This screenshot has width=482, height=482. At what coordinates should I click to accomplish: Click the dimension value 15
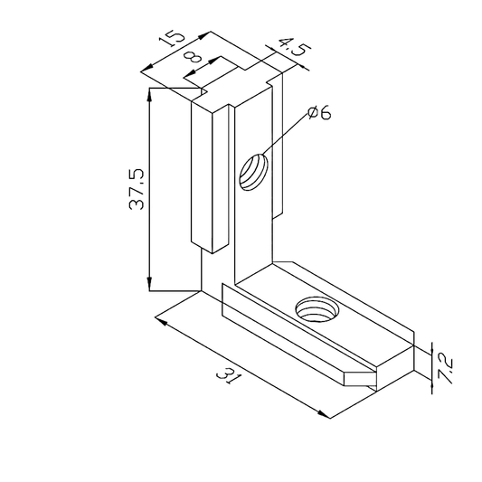coord(171,42)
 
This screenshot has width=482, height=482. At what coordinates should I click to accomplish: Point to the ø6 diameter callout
coord(319,113)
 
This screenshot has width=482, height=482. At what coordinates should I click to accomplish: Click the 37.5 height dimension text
coord(136,188)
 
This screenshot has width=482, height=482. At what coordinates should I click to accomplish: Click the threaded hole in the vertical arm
coord(254,171)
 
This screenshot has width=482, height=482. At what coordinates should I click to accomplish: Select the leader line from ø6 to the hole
coord(285,139)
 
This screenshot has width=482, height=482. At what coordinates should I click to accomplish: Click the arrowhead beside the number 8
coord(217,62)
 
